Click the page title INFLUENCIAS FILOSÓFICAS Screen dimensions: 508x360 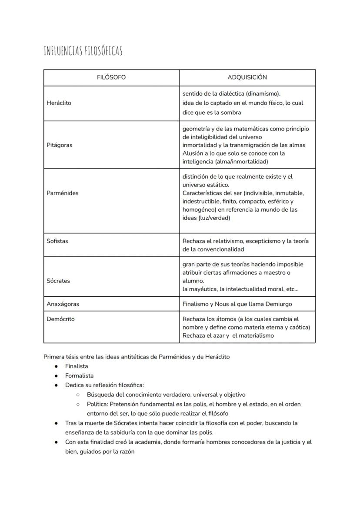(x=83, y=51)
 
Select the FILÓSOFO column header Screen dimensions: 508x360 (x=111, y=77)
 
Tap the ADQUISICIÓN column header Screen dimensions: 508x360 (x=247, y=77)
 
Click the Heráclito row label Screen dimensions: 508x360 (x=59, y=103)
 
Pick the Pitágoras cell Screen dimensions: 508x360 (x=59, y=145)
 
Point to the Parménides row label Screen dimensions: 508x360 (x=62, y=193)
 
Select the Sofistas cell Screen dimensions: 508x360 (x=57, y=241)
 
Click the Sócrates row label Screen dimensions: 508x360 (x=58, y=281)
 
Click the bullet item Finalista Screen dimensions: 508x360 (x=77, y=366)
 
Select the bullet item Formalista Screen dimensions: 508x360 (x=79, y=376)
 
